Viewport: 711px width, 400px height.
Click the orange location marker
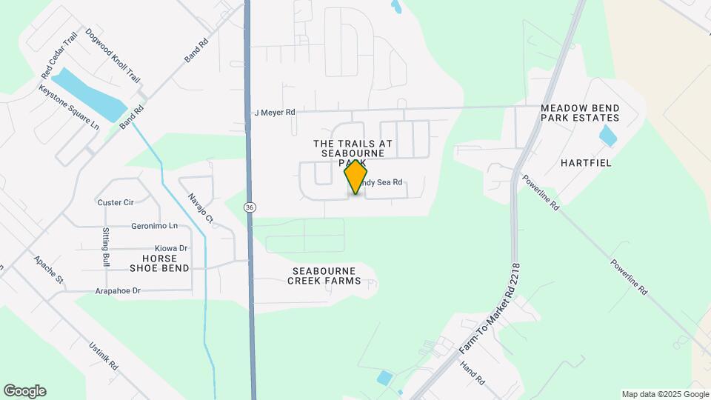356,176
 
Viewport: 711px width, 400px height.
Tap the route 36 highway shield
250,208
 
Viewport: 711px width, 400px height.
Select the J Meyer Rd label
274,113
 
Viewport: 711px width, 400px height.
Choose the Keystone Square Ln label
69,107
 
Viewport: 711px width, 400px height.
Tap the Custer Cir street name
115,202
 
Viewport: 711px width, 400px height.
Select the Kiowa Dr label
171,248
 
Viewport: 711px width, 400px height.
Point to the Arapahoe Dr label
118,291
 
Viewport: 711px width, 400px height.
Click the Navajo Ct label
200,208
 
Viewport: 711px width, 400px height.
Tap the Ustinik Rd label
103,356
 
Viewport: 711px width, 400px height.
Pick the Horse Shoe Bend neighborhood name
159,262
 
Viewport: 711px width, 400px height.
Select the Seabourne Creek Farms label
326,276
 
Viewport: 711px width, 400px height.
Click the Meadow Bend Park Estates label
579,113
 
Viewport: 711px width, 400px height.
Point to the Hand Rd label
471,372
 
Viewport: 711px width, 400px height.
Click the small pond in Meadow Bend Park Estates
607,135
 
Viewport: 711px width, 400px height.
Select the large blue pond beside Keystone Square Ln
88,95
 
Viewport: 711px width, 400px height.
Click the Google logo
24,391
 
